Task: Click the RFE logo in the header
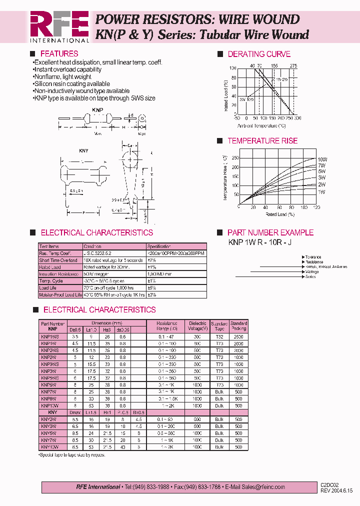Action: (59, 26)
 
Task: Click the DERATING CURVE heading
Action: (259, 54)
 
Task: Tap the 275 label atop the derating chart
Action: (293, 65)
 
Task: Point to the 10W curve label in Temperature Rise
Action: (322, 158)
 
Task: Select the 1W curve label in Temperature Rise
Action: (321, 192)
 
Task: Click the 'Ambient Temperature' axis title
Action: (262, 125)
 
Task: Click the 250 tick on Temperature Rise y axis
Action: (234, 158)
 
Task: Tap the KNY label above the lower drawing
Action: (83, 149)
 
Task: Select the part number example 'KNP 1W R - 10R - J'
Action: (259, 242)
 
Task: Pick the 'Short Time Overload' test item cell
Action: (58, 260)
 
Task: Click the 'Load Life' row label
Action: (49, 288)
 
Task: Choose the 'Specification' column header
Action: (159, 246)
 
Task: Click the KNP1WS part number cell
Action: (50, 337)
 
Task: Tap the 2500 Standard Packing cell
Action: (238, 337)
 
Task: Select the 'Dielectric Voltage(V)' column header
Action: (197, 326)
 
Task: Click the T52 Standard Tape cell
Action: (219, 337)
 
